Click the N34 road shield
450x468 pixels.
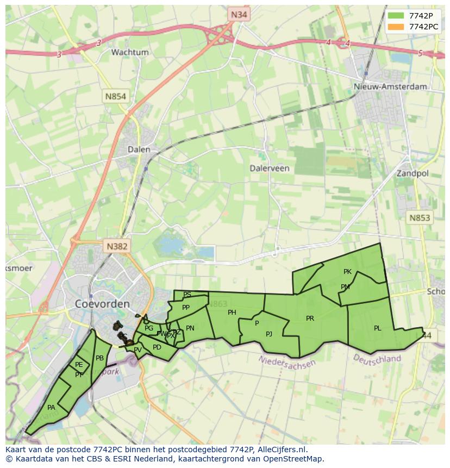[x=239, y=15]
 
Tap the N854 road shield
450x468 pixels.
[x=115, y=97]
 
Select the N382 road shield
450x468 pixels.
[x=117, y=246]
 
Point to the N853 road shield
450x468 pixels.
[x=419, y=218]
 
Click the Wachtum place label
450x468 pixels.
[x=129, y=52]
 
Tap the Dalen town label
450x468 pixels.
[x=139, y=149]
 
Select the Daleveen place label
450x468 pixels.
[x=270, y=169]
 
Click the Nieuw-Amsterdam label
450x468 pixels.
[x=390, y=86]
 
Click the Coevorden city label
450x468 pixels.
[x=102, y=304]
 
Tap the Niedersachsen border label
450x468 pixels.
[x=287, y=361]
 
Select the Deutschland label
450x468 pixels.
[x=377, y=359]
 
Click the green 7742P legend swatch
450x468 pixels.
[x=396, y=16]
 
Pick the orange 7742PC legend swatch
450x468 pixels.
[x=396, y=27]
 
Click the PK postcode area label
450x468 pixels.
[x=348, y=272]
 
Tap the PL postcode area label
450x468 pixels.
[x=378, y=328]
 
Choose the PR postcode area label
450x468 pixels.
[x=310, y=319]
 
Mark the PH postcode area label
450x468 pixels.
[x=232, y=313]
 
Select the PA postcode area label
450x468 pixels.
[x=51, y=408]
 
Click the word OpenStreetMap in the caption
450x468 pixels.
[x=295, y=459]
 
